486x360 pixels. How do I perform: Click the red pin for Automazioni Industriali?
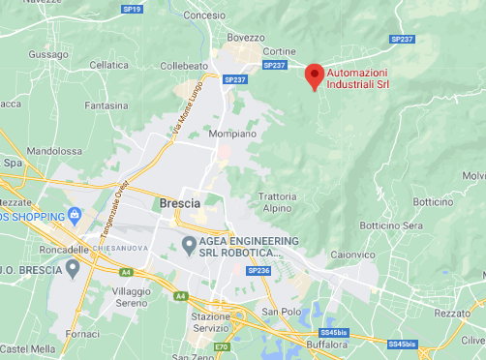coord(314,75)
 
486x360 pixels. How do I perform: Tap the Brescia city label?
coord(178,203)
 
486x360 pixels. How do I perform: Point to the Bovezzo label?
coord(245,38)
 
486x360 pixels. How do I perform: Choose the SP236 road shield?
coord(258,271)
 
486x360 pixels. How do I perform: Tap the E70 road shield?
coord(223,346)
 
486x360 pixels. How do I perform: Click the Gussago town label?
coord(48,56)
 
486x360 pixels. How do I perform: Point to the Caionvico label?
coord(350,254)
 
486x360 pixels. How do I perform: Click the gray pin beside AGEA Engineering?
coord(188,246)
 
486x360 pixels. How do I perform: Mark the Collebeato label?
coord(183,65)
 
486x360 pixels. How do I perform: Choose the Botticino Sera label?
coord(392,225)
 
